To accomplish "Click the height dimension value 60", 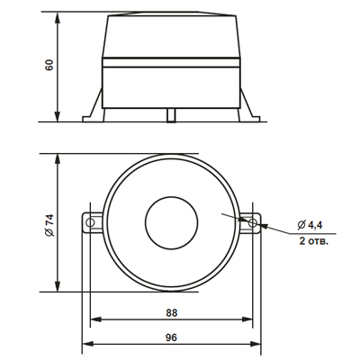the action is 49,65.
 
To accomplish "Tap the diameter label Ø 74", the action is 49,225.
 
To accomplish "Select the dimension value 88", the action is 172,313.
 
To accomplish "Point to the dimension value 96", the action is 171,337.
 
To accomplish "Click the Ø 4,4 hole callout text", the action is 310,225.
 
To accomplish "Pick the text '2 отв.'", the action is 313,241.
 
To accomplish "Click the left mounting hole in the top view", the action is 90,222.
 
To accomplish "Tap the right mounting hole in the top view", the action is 253,222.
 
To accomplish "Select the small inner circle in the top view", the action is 171,223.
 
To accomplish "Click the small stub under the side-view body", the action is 171,115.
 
